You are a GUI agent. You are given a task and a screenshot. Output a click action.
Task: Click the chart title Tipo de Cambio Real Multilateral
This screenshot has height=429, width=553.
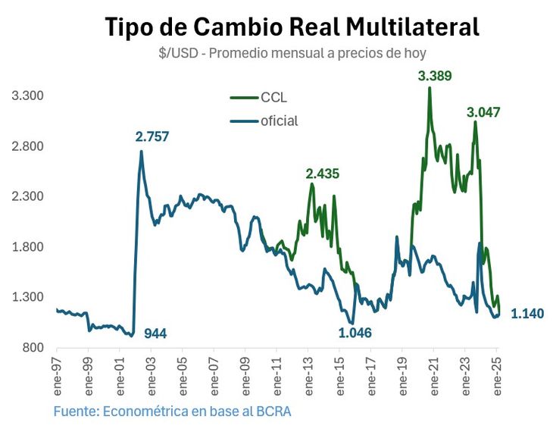[292, 27]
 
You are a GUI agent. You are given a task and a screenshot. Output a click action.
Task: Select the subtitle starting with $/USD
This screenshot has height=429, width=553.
[292, 53]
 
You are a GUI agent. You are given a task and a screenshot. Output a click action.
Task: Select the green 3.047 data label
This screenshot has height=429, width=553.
[483, 112]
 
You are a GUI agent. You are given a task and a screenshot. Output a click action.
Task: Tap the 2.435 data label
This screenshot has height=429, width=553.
[322, 174]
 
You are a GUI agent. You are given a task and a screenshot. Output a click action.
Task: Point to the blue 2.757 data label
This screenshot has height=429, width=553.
[152, 136]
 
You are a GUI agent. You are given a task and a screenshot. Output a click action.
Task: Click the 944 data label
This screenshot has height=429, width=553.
[155, 333]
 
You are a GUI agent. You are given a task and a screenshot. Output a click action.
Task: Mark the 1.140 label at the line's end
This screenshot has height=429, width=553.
[527, 313]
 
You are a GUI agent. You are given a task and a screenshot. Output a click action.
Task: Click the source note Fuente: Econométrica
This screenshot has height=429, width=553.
[172, 412]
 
